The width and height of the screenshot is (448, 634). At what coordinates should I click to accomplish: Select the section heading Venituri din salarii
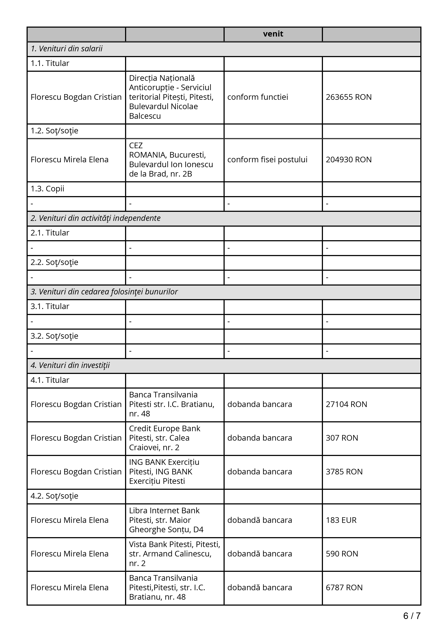pyautogui.click(x=67, y=49)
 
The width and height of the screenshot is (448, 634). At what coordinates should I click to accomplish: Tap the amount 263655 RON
pyautogui.click(x=349, y=97)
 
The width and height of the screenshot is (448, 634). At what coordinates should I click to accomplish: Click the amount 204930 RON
pyautogui.click(x=349, y=160)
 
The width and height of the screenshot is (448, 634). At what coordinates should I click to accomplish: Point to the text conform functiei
pyautogui.click(x=258, y=97)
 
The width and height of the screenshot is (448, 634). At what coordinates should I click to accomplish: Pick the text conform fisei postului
pyautogui.click(x=267, y=160)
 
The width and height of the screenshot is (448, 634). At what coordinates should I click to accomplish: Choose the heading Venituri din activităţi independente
pyautogui.click(x=95, y=218)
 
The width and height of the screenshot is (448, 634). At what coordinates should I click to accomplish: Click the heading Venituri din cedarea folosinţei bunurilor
pyautogui.click(x=104, y=292)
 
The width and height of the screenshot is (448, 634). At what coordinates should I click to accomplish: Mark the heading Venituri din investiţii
pyautogui.click(x=70, y=365)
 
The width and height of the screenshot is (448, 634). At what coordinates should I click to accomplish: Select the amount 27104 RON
pyautogui.click(x=346, y=404)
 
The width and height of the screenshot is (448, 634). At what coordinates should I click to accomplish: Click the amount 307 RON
pyautogui.click(x=342, y=438)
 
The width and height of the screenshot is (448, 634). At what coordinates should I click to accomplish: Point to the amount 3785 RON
pyautogui.click(x=344, y=472)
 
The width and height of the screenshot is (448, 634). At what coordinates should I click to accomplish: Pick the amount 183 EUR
pyautogui.click(x=341, y=520)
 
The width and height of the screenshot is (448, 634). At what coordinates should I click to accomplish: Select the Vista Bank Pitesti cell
pyautogui.click(x=174, y=554)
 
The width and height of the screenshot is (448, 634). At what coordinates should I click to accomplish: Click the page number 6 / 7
pyautogui.click(x=411, y=616)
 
